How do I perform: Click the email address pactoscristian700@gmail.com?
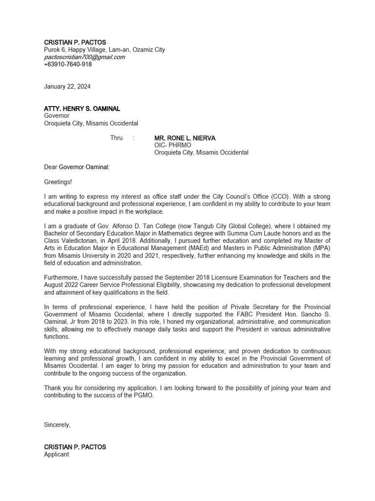pos(84,57)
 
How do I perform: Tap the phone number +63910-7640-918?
pos(68,64)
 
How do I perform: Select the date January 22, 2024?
pos(67,87)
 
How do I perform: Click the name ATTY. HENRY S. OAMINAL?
pos(82,109)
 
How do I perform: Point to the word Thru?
pos(116,138)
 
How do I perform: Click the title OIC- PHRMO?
pos(173,145)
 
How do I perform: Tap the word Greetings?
pos(58,182)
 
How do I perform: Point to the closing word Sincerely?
pos(57,425)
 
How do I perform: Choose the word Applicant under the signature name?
pos(57,454)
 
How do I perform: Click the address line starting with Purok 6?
pos(104,49)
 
